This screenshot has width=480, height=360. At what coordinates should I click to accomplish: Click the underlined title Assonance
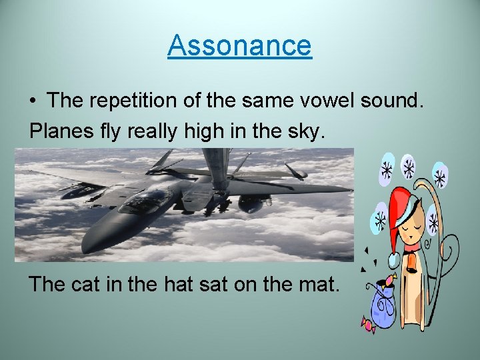pyautogui.click(x=239, y=45)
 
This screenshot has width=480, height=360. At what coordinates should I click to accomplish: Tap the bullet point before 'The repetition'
pyautogui.click(x=33, y=102)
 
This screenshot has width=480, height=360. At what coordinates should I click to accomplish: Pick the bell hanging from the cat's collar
pyautogui.click(x=412, y=269)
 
